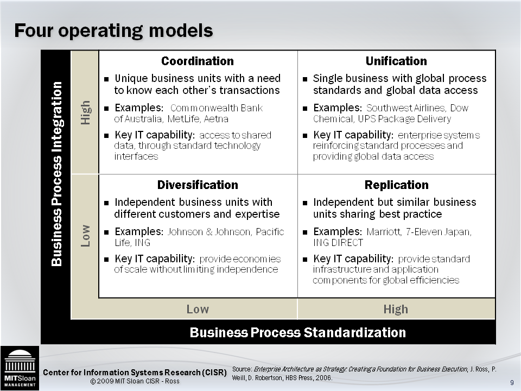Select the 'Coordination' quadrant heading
(x=198, y=61)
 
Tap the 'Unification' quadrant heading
(x=396, y=61)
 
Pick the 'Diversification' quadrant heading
(x=198, y=185)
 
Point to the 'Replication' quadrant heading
(x=396, y=185)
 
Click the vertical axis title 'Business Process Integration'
(x=56, y=174)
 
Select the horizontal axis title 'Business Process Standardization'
(x=297, y=332)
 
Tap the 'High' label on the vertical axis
(x=85, y=112)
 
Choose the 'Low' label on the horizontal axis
(x=198, y=310)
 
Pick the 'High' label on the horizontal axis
(x=396, y=310)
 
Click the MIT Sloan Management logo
(x=20, y=368)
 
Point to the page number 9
(x=512, y=383)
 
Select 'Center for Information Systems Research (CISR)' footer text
(x=135, y=373)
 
